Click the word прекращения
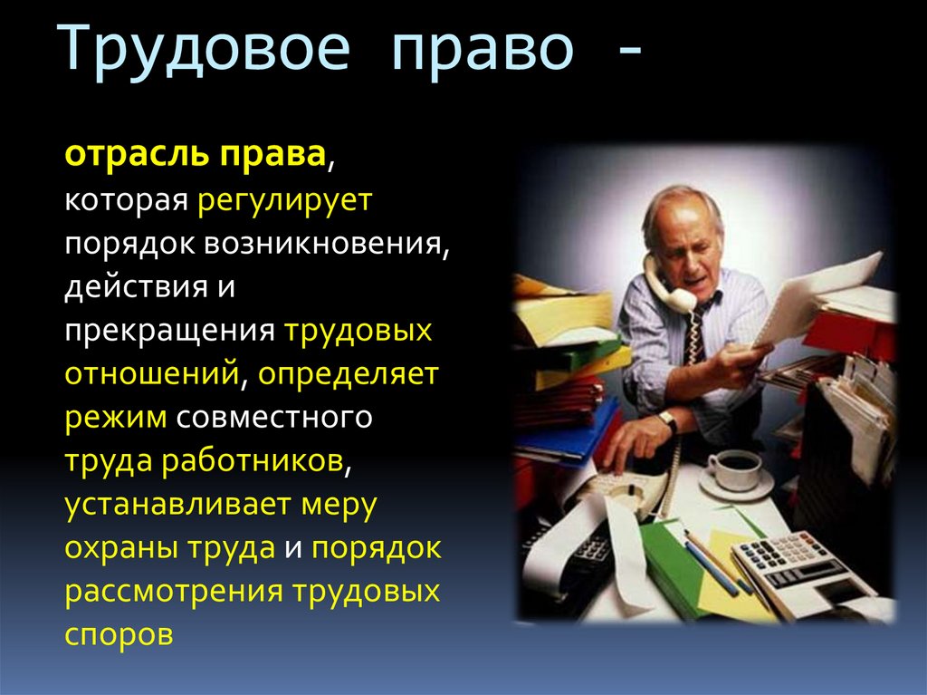(169, 332)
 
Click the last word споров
(118, 635)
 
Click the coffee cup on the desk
(734, 469)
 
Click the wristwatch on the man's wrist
(668, 421)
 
